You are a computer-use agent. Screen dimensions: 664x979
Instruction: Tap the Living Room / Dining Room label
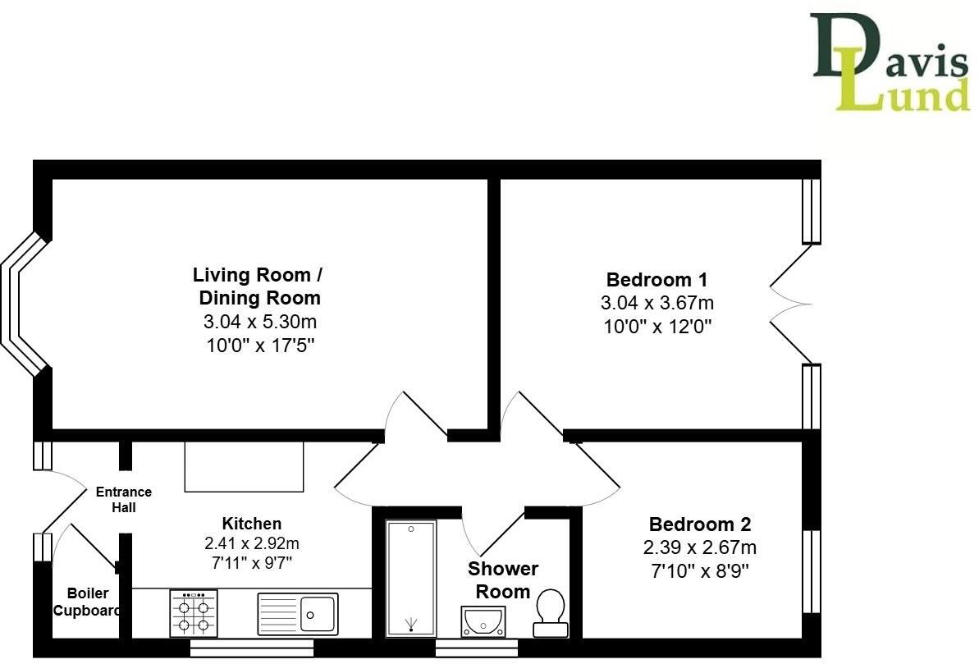coord(257,286)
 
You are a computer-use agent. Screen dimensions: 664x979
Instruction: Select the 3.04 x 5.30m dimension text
coord(258,322)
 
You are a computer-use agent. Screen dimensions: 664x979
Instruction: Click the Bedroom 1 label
coord(656,279)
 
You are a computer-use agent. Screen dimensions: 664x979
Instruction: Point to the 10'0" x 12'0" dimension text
coord(656,327)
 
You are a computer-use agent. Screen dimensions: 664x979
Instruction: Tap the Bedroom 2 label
coord(699,524)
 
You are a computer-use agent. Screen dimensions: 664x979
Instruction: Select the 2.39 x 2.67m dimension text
coord(699,547)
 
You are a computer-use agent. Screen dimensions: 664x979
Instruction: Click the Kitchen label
coord(252,524)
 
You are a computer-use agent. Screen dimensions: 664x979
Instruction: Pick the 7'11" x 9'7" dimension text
coord(252,563)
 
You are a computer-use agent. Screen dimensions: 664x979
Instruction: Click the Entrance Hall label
coord(124,500)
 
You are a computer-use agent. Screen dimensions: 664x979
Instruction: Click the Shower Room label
coord(503,579)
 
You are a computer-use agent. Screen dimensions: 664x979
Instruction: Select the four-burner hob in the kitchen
coord(194,614)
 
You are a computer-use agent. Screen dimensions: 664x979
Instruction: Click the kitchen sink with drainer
coord(297,613)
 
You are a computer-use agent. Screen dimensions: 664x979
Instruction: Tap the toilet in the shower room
coord(550,615)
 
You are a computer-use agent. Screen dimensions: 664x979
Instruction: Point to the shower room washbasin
coord(484,621)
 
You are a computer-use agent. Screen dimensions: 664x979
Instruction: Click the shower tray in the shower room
coord(410,578)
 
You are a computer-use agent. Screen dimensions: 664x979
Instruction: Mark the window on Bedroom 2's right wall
coord(811,571)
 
